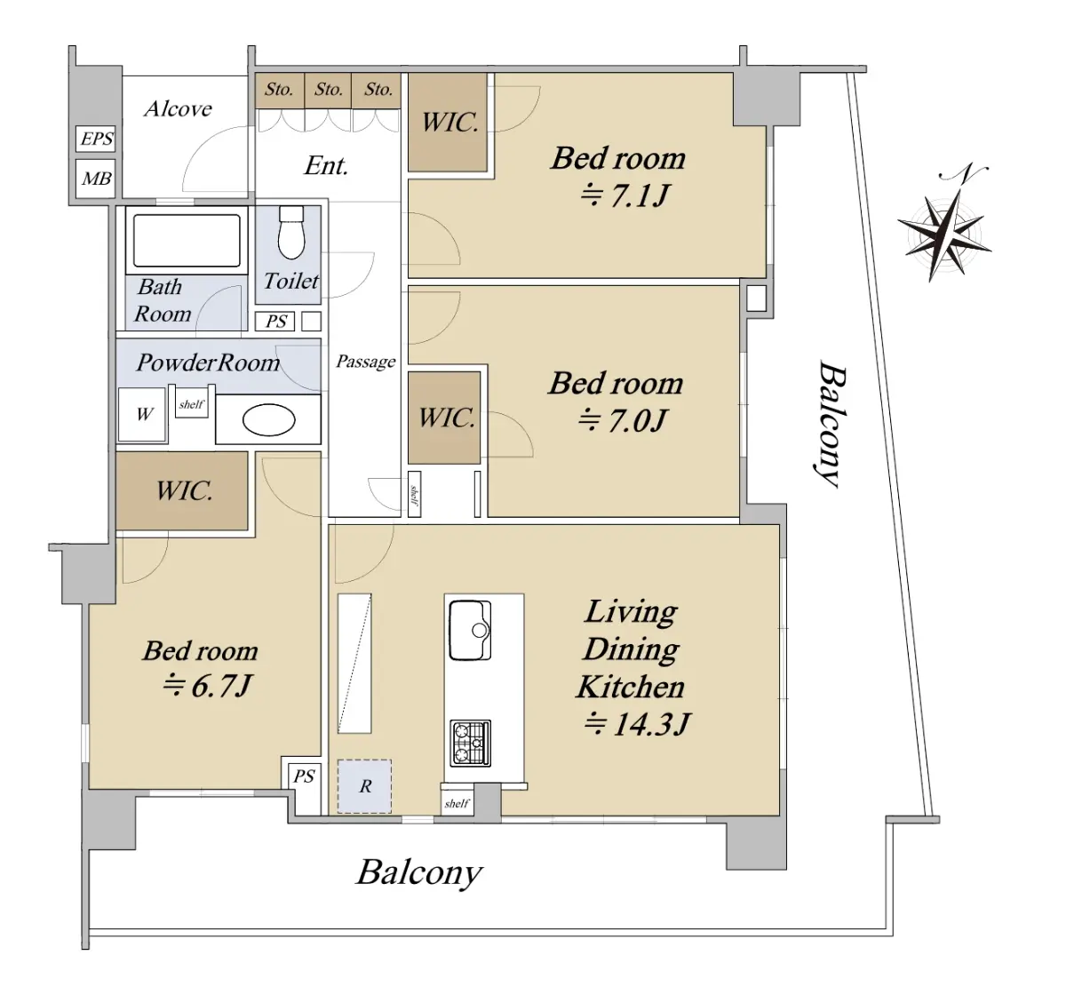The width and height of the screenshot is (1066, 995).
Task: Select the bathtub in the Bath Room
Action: coord(186,240)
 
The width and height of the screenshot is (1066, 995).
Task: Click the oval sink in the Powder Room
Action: coord(268,420)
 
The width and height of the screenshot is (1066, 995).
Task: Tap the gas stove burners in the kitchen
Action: coord(470,744)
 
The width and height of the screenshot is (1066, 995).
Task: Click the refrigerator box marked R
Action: coord(364,786)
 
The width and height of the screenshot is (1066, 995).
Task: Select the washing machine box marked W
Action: coord(143,414)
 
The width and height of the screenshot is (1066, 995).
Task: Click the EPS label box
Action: coord(96,139)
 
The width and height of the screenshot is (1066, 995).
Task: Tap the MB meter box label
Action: coord(96,179)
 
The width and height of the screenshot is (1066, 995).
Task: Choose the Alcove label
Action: coord(178,109)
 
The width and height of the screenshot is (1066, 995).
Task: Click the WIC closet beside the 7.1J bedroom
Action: coord(449,123)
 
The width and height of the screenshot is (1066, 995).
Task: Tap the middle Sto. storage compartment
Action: coord(329,90)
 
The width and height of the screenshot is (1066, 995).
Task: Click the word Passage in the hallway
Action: coord(365,362)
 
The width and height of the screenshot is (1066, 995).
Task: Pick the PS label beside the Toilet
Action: coord(275,322)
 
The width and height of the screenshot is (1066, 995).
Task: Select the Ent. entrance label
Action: coord(325,166)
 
